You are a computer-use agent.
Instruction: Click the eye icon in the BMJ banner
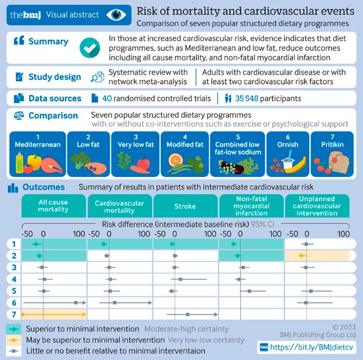coord(116,15)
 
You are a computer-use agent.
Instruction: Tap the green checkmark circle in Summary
coord(90,48)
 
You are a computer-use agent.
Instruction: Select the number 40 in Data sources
coord(107,98)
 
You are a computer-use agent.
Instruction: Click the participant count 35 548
coord(246,98)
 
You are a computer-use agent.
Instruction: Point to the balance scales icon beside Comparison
coord(19,116)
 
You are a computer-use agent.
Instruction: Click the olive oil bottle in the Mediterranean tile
coord(20,162)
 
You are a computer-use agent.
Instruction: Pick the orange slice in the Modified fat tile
coord(175,160)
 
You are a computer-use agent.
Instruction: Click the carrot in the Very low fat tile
coord(141,169)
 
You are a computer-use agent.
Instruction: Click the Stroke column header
coord(185,206)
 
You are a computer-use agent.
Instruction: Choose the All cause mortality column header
coord(53,206)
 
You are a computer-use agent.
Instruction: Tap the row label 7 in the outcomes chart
coord(14,314)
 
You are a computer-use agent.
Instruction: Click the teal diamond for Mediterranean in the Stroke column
coord(172,244)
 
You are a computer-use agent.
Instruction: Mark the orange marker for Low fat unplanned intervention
coord(301,256)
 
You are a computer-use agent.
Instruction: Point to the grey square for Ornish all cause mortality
coord(76,303)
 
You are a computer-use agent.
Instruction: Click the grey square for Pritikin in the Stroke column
coord(188,314)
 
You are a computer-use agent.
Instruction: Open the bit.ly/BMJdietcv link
coord(312,347)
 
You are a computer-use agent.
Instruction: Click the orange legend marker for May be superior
coord(13,340)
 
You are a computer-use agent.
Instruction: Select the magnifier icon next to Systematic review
coord(97,77)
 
